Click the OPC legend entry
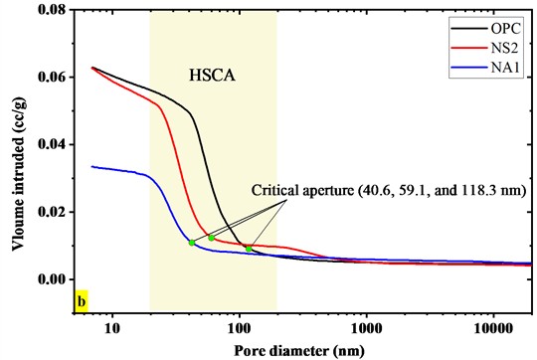point(499,22)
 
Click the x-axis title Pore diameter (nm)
point(299,350)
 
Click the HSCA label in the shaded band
point(210,74)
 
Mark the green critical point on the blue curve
point(191,243)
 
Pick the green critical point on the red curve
point(212,238)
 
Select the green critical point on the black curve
point(249,249)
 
